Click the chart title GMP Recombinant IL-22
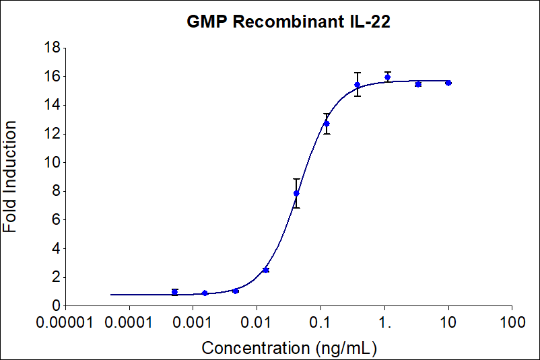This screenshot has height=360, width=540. tap(289, 22)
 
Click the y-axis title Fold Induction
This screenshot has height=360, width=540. tap(11, 177)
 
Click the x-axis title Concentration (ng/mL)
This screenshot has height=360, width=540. tap(289, 348)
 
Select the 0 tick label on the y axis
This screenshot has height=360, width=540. tap(57, 306)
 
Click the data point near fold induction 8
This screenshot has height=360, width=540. tap(296, 193)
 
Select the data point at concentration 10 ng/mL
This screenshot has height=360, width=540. tap(448, 83)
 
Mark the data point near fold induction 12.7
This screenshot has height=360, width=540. tap(327, 123)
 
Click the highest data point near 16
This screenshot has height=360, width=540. tap(387, 77)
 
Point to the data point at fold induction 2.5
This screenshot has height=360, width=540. tap(266, 270)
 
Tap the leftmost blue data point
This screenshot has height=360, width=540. tap(175, 292)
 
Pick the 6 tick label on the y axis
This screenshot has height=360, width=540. tap(57, 220)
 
